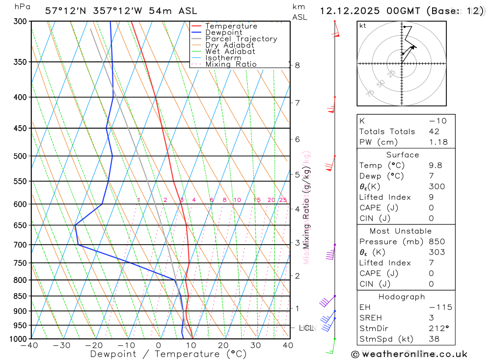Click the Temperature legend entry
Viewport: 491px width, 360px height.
click(x=231, y=26)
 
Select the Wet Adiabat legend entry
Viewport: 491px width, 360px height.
click(x=230, y=52)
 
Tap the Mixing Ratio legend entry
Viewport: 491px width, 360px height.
click(x=231, y=64)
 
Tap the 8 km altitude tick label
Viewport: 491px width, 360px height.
click(x=297, y=65)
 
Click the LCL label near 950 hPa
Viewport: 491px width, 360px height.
click(x=306, y=328)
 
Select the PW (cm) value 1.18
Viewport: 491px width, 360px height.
click(x=438, y=142)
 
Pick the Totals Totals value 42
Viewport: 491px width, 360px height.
click(x=434, y=132)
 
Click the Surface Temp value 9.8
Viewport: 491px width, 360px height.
click(x=435, y=166)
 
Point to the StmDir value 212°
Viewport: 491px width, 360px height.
click(x=437, y=329)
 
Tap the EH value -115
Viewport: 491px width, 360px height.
click(x=440, y=307)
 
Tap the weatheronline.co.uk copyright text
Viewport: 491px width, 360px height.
click(x=409, y=354)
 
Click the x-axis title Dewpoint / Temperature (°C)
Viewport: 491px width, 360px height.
click(x=168, y=354)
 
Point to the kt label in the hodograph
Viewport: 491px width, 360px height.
click(x=363, y=26)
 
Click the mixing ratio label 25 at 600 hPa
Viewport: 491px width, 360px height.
click(x=283, y=200)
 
